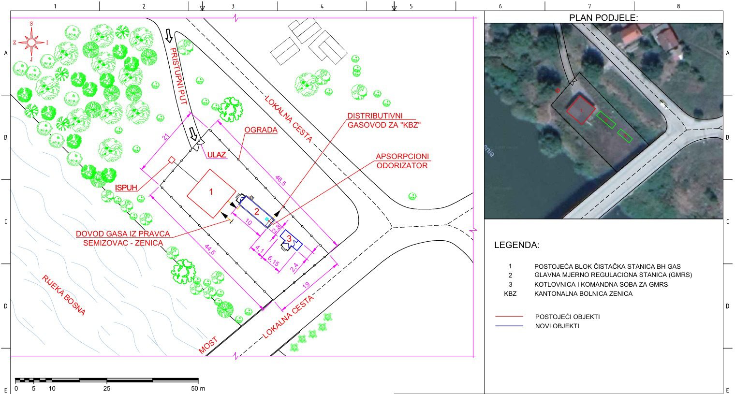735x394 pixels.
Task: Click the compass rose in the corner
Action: click(31, 42)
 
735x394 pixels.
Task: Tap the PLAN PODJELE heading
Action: click(603, 18)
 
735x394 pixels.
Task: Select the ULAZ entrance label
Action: click(217, 155)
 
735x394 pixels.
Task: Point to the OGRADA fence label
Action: click(261, 130)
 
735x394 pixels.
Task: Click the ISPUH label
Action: click(126, 188)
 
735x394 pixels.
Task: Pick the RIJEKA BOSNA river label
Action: click(63, 295)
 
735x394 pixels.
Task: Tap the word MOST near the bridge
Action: click(208, 346)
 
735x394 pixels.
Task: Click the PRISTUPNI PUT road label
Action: click(178, 76)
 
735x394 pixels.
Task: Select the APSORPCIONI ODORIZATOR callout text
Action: click(402, 161)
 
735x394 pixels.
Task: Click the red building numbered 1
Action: click(211, 193)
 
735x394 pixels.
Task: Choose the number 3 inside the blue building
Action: click(289, 238)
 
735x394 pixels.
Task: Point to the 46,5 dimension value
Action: click(280, 181)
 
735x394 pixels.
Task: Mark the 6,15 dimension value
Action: click(273, 261)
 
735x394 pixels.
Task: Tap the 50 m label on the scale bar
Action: click(198, 388)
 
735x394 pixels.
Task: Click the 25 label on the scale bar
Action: click(107, 388)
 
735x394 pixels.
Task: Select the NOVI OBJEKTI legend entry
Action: click(557, 326)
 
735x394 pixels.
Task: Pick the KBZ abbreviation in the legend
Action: click(510, 293)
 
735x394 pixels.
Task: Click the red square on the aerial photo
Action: click(581, 110)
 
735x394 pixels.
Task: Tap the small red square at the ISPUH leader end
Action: click(172, 160)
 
